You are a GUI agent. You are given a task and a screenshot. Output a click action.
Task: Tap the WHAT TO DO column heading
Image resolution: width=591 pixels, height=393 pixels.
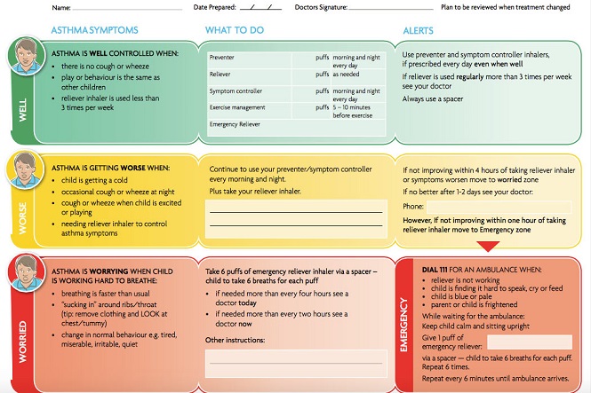pos(236,30)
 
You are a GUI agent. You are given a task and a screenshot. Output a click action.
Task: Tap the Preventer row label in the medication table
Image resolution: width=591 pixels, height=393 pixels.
pos(222,58)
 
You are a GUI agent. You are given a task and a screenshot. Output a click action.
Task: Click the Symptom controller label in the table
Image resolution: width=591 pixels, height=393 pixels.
pos(236,91)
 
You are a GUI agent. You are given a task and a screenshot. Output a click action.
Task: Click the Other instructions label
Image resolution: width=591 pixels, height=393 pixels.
pos(236,340)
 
